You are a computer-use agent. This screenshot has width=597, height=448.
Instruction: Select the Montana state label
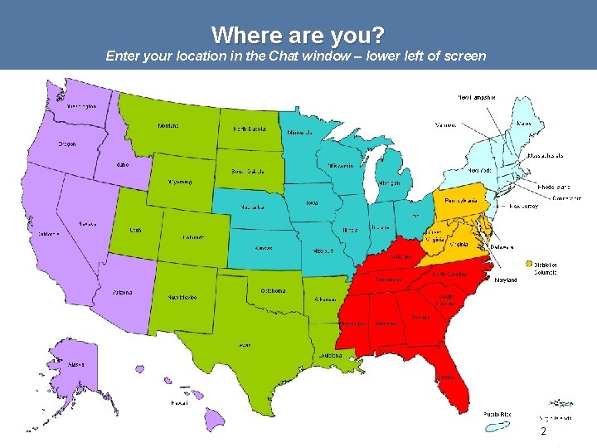pyautogui.click(x=168, y=126)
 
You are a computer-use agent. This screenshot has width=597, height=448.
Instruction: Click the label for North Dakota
pyautogui.click(x=249, y=130)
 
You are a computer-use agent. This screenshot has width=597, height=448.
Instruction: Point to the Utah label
pyautogui.click(x=134, y=230)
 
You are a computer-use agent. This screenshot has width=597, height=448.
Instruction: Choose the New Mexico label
pyautogui.click(x=182, y=296)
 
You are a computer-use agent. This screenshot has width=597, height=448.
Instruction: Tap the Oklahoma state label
pyautogui.click(x=273, y=290)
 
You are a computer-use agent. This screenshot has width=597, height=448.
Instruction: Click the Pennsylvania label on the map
pyautogui.click(x=461, y=201)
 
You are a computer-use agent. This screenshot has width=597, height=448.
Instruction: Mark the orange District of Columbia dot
pyautogui.click(x=529, y=264)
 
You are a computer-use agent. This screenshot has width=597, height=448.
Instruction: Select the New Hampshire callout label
pyautogui.click(x=478, y=97)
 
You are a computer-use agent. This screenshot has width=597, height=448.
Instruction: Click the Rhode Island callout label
pyautogui.click(x=553, y=187)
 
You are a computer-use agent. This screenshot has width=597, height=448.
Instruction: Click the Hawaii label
pyautogui.click(x=178, y=403)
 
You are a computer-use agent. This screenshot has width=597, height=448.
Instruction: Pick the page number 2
pyautogui.click(x=543, y=432)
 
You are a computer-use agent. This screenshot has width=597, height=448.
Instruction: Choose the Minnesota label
pyautogui.click(x=298, y=133)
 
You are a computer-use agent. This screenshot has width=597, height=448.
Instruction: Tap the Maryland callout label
pyautogui.click(x=505, y=280)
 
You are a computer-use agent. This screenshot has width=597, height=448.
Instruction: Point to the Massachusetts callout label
pyautogui.click(x=546, y=155)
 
